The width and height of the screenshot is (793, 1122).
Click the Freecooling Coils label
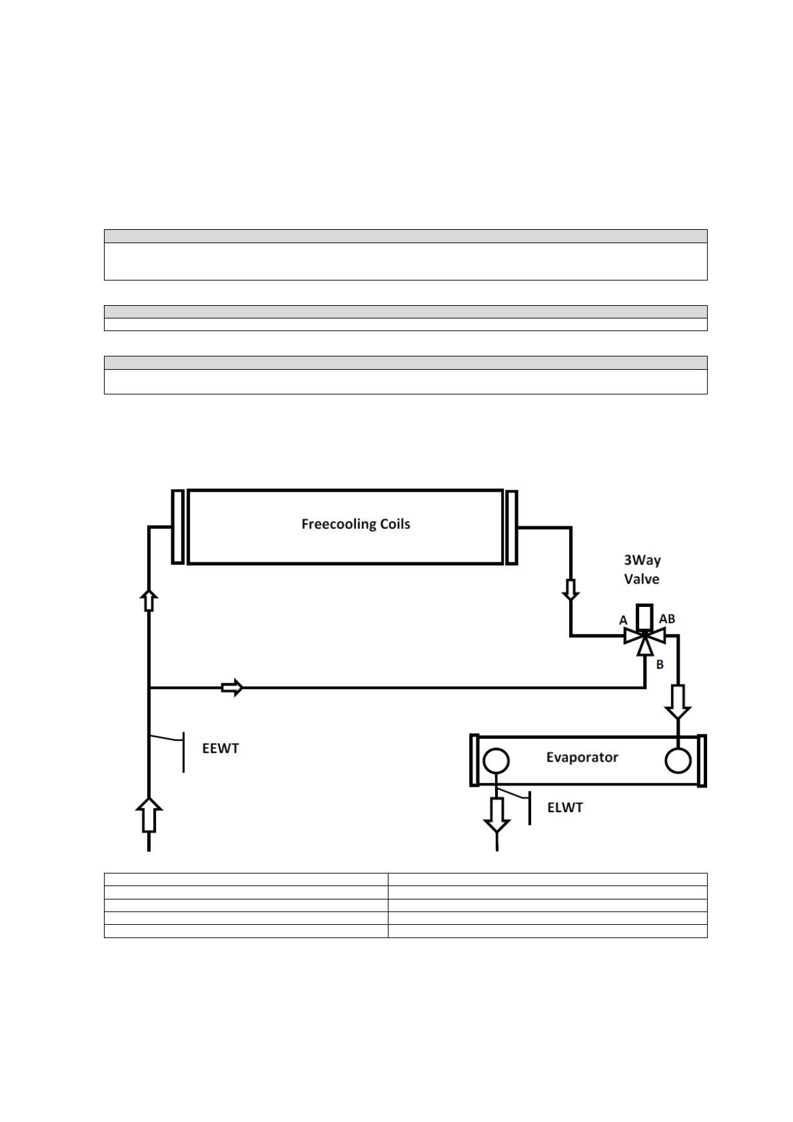point(355,524)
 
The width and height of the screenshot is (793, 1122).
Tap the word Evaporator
point(582,758)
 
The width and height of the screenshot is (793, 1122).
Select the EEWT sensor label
point(220,748)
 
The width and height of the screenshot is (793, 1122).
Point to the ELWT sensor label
point(564,808)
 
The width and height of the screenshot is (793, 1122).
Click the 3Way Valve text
point(642,570)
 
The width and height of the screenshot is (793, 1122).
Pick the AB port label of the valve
point(667,619)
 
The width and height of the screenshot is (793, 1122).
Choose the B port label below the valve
point(660,664)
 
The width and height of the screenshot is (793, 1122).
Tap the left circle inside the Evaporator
point(496,760)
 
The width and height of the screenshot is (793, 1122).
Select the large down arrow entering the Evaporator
point(678,702)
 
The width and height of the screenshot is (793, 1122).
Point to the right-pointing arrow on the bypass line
point(232,687)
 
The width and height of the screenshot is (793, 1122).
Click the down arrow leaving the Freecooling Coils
point(570,590)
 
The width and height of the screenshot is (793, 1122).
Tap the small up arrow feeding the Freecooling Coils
point(149,600)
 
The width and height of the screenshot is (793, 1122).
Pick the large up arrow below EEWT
point(149,815)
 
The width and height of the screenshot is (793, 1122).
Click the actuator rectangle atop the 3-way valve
point(644,616)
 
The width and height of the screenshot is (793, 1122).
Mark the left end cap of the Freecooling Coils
point(177,527)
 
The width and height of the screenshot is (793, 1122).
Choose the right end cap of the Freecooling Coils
point(511,527)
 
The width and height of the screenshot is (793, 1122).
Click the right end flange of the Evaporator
point(702,761)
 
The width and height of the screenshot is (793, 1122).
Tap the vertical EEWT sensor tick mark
point(183,752)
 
